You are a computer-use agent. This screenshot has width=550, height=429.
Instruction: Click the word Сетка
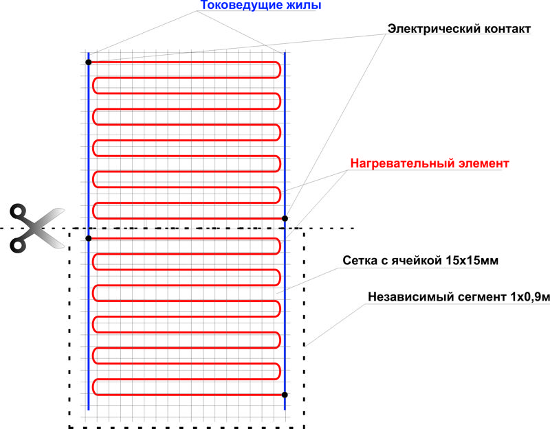point(360,262)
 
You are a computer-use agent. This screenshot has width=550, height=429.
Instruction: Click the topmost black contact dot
point(89,62)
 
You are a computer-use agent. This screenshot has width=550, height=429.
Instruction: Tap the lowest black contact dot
point(285,395)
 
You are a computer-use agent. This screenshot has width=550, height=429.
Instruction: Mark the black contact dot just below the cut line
point(89,238)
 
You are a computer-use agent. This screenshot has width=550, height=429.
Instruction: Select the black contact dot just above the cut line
point(285,218)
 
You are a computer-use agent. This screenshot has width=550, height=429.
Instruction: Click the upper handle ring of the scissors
point(19,211)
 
